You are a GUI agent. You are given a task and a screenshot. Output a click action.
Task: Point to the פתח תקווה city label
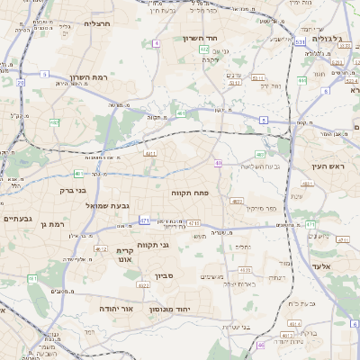coord(190,193)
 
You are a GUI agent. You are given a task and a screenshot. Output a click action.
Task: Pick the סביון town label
coord(163,276)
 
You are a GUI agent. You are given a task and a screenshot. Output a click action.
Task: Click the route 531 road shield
coord(299,41)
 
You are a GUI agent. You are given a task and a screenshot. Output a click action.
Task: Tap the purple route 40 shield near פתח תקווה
coord(219,163)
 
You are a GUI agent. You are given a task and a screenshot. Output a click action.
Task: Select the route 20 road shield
coord(20,82)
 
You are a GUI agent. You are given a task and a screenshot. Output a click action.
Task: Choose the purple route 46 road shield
coord(261,344)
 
